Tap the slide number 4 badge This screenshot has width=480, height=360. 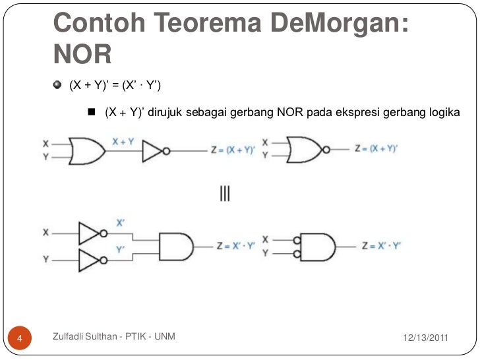(20, 339)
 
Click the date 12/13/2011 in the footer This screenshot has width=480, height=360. (425, 338)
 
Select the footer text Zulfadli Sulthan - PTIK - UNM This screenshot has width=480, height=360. (113, 338)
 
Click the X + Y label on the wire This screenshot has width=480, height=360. (123, 141)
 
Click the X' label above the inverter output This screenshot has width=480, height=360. (121, 223)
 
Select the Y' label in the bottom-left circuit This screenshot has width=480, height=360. (121, 250)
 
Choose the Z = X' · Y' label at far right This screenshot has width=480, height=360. (381, 246)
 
